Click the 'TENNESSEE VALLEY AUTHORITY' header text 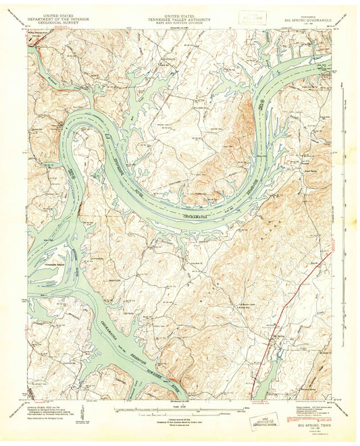tap(180, 19)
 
